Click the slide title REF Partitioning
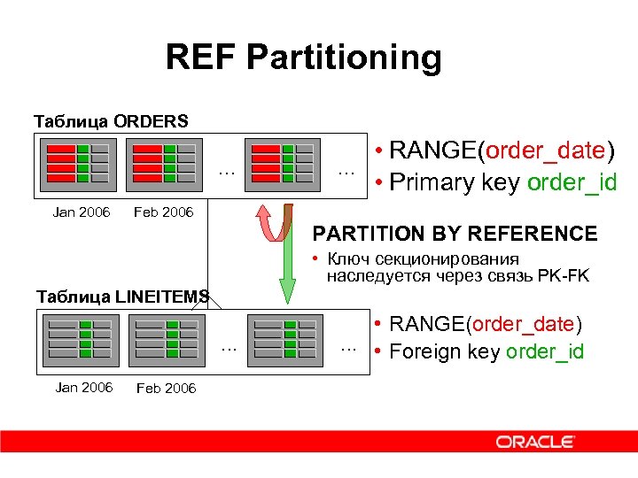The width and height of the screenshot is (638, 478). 303,58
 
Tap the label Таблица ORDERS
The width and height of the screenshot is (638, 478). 110,119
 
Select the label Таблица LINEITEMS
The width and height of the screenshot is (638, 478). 122,296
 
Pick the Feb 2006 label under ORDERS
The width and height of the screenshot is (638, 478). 163,212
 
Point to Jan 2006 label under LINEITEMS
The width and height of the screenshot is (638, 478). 83,388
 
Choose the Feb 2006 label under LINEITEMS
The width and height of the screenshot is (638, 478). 166,388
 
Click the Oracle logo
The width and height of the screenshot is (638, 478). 535,442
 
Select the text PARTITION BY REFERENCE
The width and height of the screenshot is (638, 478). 455,234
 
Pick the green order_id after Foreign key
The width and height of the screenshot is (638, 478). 545,351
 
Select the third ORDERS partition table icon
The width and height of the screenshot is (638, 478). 283,163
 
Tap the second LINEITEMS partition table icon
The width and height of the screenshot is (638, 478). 166,337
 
